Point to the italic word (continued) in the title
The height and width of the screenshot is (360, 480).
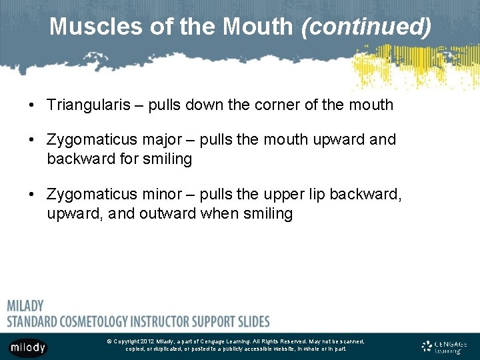click(x=366, y=27)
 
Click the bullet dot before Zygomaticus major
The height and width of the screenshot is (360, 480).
click(x=31, y=141)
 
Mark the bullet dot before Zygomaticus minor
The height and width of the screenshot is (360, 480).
click(x=31, y=195)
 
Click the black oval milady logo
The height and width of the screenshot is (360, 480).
click(x=28, y=347)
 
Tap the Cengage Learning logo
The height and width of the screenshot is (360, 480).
click(x=444, y=346)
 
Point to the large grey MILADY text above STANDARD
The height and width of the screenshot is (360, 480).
click(x=25, y=306)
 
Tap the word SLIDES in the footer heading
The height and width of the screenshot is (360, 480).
click(x=253, y=321)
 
